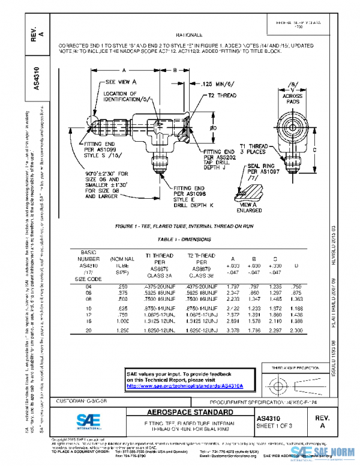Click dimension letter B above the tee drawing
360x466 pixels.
pos(175,70)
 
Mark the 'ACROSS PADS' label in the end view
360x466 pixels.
pos(293,98)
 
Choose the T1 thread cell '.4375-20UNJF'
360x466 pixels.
pos(151,286)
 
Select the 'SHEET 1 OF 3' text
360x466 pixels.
pos(275,425)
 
